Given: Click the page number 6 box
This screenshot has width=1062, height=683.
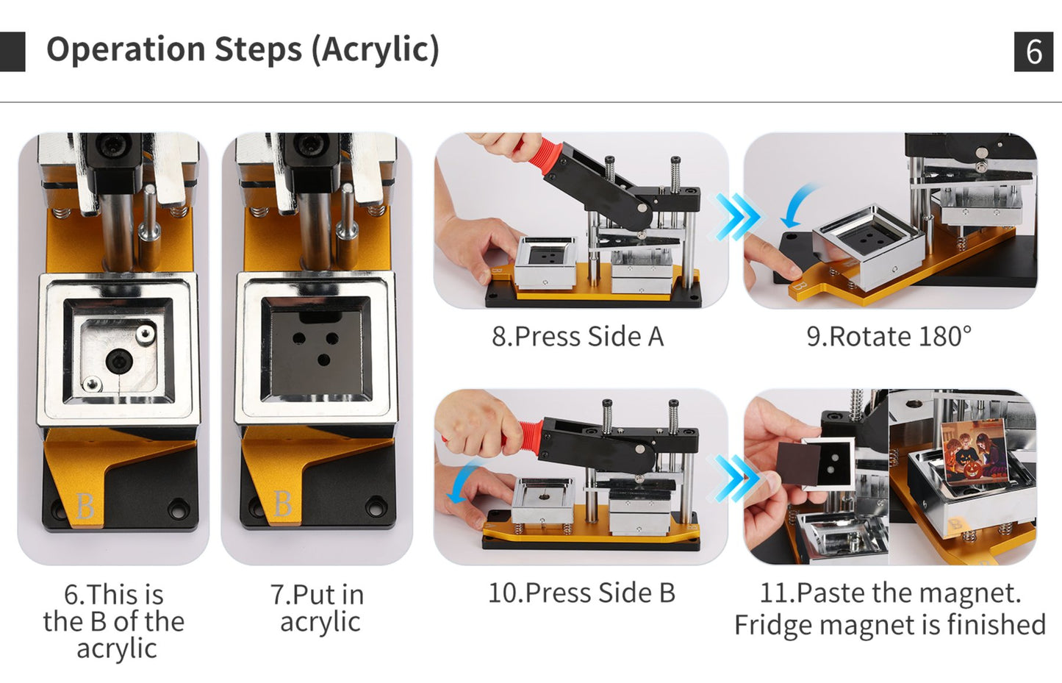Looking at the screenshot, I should tap(1033, 51).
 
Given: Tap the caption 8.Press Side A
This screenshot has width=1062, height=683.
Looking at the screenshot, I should tap(578, 337).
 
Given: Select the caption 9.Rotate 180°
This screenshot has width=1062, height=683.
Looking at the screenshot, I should tap(889, 337).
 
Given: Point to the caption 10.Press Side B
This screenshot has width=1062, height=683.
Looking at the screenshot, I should tap(581, 593).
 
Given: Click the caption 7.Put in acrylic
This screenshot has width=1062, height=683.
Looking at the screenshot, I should tap(317, 608).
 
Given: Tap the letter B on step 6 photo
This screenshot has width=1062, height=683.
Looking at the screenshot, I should tap(85, 506).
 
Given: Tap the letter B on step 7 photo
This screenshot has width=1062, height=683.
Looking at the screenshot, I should tap(283, 504).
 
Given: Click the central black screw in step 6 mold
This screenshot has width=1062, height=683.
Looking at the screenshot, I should tap(117, 360).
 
